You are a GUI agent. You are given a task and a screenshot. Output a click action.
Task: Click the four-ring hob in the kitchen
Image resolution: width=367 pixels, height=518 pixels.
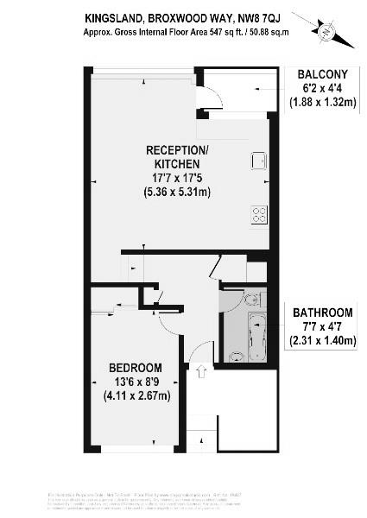258,215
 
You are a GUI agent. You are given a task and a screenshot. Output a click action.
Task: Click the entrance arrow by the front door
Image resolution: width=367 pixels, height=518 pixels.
201,372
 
